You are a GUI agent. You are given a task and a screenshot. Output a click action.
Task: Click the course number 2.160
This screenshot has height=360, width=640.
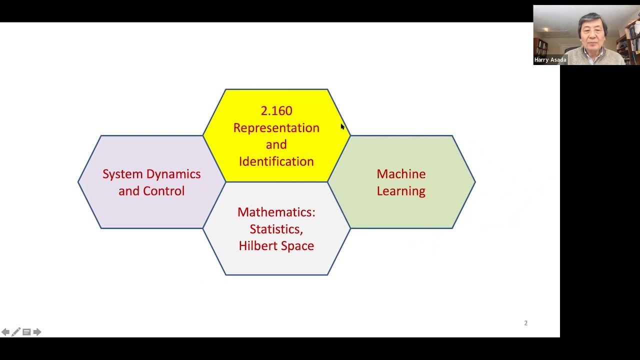coord(276,111)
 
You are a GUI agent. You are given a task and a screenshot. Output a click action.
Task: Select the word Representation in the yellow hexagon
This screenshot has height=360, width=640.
coord(276,128)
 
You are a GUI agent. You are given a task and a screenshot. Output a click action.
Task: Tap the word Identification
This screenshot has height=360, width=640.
coord(276,161)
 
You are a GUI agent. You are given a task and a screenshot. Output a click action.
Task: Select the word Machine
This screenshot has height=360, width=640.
coord(401,174)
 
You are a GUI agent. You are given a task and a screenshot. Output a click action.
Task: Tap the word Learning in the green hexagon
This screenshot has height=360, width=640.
coord(401,191)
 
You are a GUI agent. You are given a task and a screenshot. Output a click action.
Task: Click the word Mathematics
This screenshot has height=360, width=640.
coord(276,212)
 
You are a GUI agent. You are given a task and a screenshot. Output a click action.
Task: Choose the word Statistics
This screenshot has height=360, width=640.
coord(276,229)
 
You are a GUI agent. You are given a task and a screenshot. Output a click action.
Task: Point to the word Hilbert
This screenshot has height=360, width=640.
coord(255,246)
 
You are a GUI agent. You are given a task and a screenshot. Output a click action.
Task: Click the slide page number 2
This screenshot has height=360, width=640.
coord(525,323)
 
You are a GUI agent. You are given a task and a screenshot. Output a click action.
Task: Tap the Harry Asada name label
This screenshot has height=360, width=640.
coord(550,60)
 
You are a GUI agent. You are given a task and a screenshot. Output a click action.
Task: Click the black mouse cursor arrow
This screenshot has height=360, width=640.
coord(342,127)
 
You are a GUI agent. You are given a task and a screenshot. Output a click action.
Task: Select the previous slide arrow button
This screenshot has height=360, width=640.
coord(5,332)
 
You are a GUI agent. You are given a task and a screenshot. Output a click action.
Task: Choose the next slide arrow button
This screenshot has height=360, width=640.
coord(37,332)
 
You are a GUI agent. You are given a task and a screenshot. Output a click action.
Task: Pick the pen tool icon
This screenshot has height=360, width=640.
coord(16,332)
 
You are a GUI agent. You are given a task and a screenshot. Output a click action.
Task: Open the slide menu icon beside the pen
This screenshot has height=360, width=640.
coord(26,332)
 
